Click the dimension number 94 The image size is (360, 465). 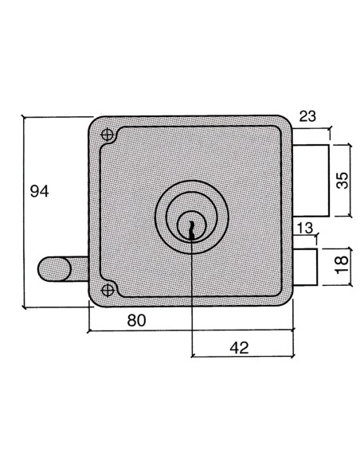[x=40, y=192]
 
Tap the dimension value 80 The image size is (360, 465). [x=136, y=321]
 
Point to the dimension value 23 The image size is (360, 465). [x=308, y=116]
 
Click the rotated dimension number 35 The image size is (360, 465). [x=342, y=180]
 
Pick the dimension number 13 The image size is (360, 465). [x=305, y=229]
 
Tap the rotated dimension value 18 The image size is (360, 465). [x=342, y=264]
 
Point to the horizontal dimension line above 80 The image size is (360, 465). [x=191, y=330]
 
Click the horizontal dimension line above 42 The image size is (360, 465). [x=243, y=358]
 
